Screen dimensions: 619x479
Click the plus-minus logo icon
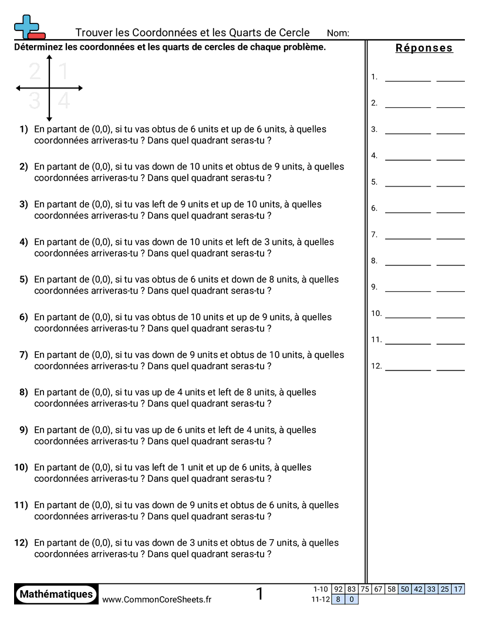coord(29,27)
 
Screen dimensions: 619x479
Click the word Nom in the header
coord(338,33)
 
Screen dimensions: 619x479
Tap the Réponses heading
coord(424,48)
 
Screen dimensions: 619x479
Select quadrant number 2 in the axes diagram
coord(35,72)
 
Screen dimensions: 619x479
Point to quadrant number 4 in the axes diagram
coord(64,101)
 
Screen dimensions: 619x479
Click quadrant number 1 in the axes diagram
coord(63,72)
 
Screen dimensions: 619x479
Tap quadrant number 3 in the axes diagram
coord(35,101)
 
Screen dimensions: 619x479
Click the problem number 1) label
coord(23,129)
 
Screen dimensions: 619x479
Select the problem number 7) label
coord(23,355)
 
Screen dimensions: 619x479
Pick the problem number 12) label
coord(21,543)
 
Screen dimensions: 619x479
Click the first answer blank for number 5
coord(407,185)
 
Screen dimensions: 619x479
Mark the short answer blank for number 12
coord(450,369)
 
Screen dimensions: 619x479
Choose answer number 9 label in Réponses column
coord(374,287)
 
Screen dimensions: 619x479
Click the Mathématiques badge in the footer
coord(56,594)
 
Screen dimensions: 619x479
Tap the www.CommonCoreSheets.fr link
coord(157,599)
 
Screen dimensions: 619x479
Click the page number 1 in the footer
coord(259,594)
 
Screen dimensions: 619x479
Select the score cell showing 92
coord(338,589)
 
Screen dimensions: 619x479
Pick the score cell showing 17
coord(458,589)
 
